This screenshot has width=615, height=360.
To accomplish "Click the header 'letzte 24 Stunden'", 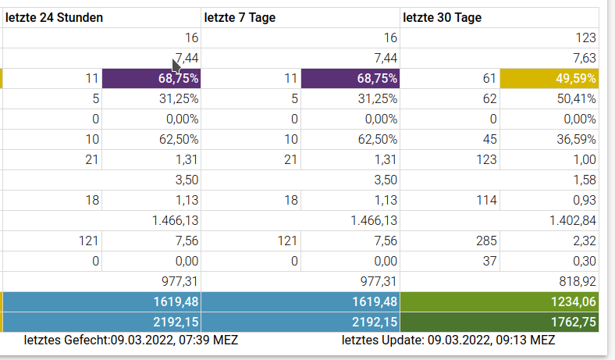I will pyautogui.click(x=55, y=17).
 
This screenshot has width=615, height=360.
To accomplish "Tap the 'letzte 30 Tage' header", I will pyautogui.click(x=443, y=17).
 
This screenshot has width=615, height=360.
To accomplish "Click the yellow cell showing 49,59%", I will pyautogui.click(x=549, y=78).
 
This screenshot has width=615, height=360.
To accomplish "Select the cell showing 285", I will pyautogui.click(x=486, y=241).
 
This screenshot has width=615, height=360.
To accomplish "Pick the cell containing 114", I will pyautogui.click(x=486, y=200).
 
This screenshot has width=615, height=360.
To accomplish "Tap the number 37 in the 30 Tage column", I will pyautogui.click(x=489, y=261).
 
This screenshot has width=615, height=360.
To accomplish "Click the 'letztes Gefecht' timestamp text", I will pyautogui.click(x=131, y=340).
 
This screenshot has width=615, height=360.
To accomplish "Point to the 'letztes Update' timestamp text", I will pyautogui.click(x=448, y=340).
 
